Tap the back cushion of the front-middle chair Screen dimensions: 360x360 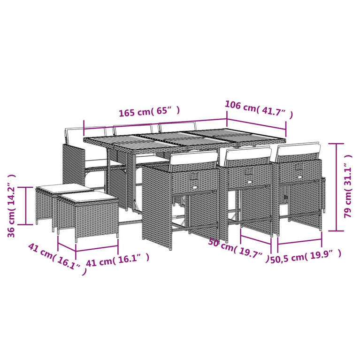pos(248,154)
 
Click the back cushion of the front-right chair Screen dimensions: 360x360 pos(299,150)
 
